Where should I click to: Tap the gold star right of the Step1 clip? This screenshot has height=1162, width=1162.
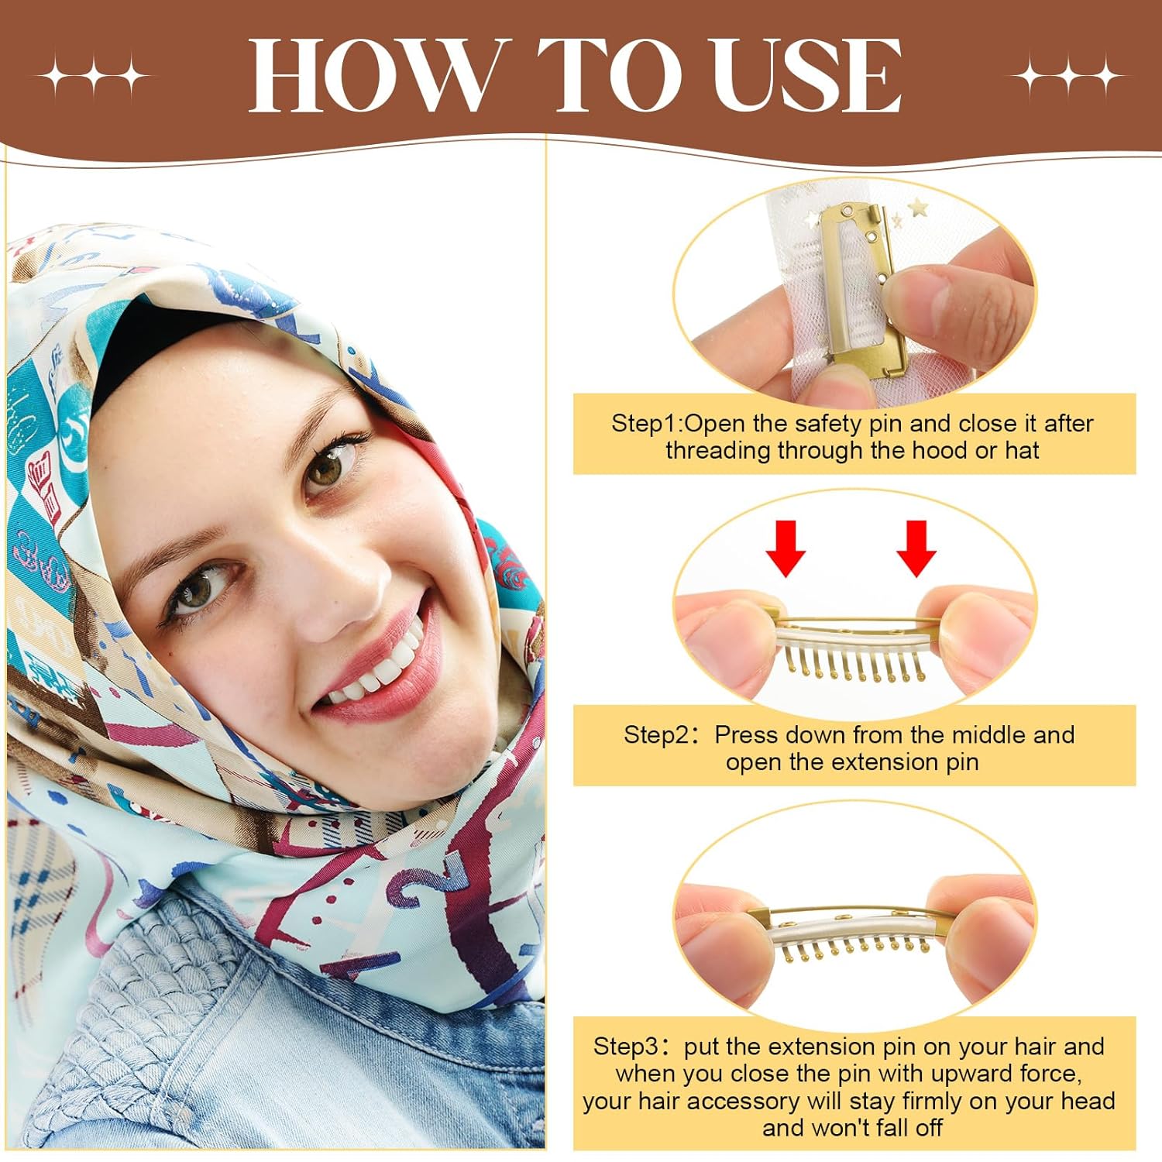[x=919, y=208]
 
